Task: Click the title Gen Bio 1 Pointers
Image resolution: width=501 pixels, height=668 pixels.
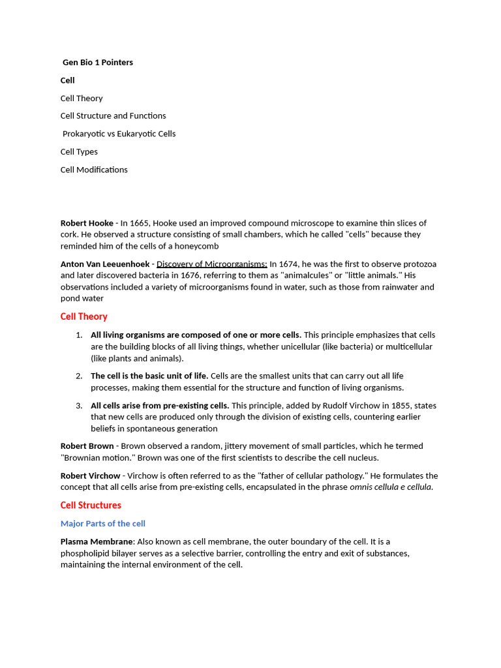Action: [98, 63]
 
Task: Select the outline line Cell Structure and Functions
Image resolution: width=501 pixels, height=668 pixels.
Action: [113, 115]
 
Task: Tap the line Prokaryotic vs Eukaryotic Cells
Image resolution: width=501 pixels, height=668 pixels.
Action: [119, 134]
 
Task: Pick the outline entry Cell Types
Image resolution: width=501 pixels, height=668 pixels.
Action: [79, 151]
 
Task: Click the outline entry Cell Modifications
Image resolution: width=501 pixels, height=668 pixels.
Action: [94, 170]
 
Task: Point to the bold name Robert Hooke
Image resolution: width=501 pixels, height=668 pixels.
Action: [87, 223]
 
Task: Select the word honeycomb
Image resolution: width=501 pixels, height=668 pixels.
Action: [198, 246]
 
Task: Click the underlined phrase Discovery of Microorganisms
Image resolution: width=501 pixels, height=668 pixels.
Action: [211, 264]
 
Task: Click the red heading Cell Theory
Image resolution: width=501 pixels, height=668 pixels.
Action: [83, 316]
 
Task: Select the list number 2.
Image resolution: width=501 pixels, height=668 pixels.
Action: [78, 376]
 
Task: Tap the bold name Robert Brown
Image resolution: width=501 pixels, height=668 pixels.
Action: [87, 446]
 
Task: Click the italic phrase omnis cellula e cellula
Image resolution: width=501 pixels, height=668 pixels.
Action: [391, 487]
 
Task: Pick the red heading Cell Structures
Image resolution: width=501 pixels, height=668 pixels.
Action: [91, 505]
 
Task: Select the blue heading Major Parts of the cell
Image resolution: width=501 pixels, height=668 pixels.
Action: [102, 523]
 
